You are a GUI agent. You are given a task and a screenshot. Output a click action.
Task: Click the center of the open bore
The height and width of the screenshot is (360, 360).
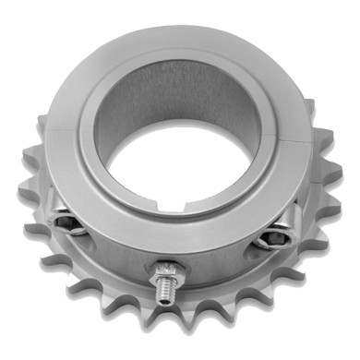point(181,152)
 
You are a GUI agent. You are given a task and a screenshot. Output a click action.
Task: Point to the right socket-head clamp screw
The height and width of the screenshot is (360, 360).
point(269,239)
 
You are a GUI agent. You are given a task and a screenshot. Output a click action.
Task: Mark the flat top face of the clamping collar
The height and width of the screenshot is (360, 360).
point(185,51)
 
